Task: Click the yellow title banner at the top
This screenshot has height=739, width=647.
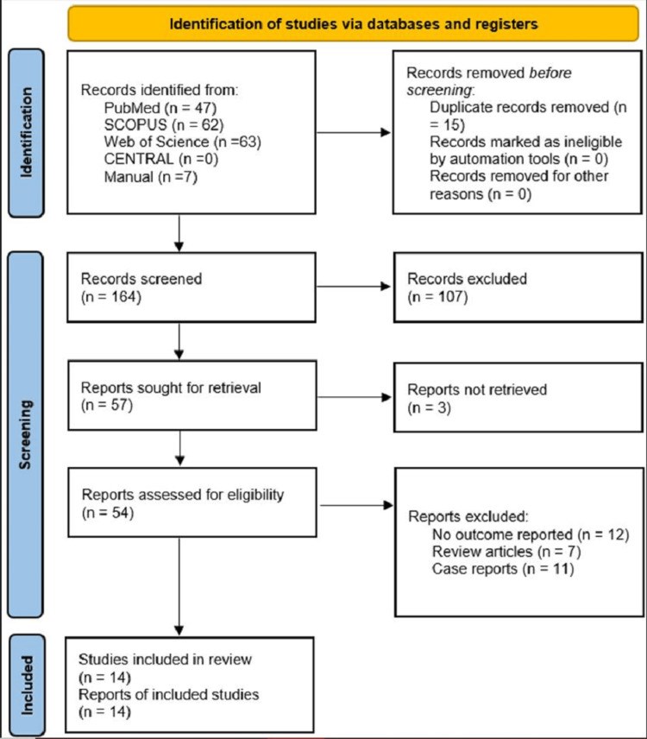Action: pyautogui.click(x=353, y=23)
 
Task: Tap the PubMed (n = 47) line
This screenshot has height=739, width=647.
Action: pyautogui.click(x=160, y=108)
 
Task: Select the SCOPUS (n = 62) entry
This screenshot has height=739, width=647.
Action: pyautogui.click(x=164, y=125)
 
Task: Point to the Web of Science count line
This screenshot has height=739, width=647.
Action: pyautogui.click(x=183, y=142)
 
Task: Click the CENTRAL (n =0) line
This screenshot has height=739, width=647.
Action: pyautogui.click(x=161, y=160)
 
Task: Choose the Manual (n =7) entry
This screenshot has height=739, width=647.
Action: pyautogui.click(x=151, y=177)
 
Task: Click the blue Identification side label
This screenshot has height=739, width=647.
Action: pyautogui.click(x=27, y=133)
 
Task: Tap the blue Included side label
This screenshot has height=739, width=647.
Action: pyautogui.click(x=28, y=685)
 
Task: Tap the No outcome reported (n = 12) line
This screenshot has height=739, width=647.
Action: pyautogui.click(x=531, y=534)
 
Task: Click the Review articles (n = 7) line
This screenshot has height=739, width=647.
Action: pyautogui.click(x=506, y=552)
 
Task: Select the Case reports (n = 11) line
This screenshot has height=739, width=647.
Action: pyautogui.click(x=503, y=569)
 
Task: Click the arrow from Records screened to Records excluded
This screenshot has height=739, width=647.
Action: pyautogui.click(x=354, y=287)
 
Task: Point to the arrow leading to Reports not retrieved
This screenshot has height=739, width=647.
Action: pyautogui.click(x=355, y=397)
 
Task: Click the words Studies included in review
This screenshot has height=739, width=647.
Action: pyautogui.click(x=165, y=659)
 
